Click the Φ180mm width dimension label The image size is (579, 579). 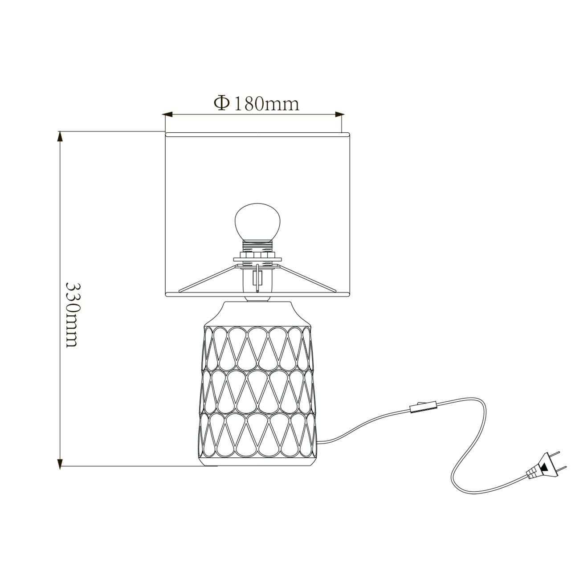point(256,104)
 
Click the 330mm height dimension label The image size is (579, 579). point(73,315)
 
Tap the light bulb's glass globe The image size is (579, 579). point(257,222)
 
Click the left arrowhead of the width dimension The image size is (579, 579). point(167,114)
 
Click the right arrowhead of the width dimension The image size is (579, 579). point(339,114)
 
